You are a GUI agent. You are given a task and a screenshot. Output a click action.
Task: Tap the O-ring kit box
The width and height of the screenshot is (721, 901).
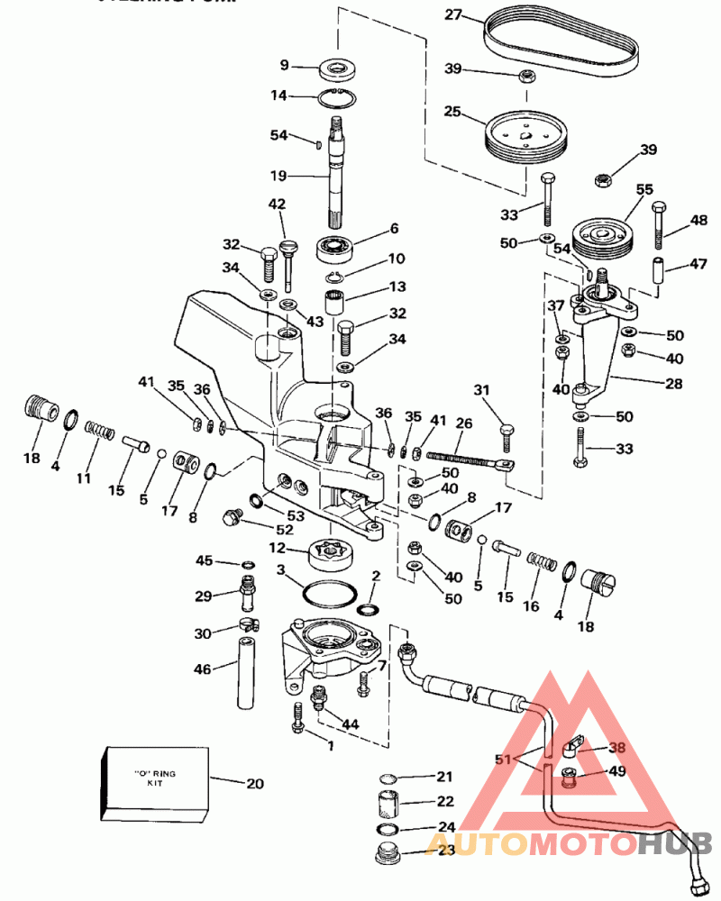[x=156, y=784]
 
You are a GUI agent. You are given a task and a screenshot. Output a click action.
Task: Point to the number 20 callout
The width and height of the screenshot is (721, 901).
[x=255, y=783]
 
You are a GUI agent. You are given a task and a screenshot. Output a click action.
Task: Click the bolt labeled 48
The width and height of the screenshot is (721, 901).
[x=659, y=225]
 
